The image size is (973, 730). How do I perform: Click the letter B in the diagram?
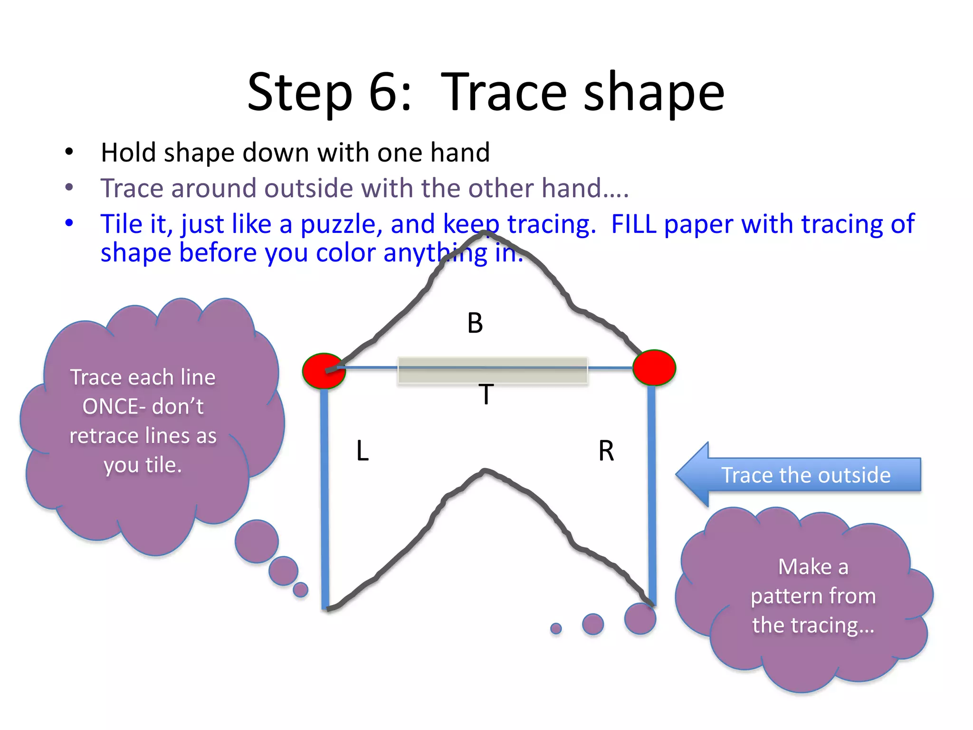(x=475, y=323)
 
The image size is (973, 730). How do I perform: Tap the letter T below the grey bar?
(x=486, y=394)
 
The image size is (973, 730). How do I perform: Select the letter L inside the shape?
(x=362, y=451)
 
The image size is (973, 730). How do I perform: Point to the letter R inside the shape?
(x=606, y=451)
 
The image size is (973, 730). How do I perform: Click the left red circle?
(x=324, y=371)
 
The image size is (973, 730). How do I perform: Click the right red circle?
(x=654, y=367)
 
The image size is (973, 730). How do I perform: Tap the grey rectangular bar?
(x=492, y=370)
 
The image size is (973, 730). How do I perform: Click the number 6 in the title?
(x=384, y=92)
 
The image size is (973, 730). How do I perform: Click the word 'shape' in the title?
(x=653, y=93)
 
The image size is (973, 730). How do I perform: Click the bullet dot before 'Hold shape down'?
(x=69, y=152)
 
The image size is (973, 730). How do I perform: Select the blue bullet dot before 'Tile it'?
(x=69, y=222)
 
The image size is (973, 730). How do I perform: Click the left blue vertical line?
(x=325, y=499)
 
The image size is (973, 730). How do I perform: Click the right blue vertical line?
(x=652, y=494)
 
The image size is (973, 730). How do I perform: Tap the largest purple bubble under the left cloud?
(x=257, y=541)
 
